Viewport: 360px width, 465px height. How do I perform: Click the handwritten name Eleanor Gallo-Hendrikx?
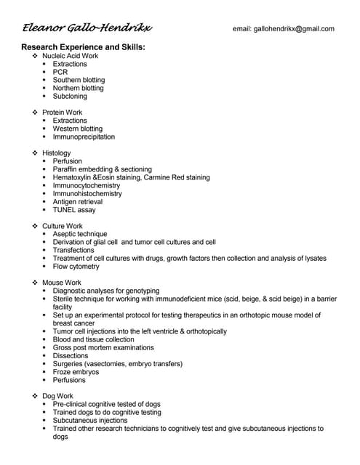pyautogui.click(x=87, y=28)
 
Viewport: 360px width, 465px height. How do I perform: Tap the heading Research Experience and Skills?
pyautogui.click(x=84, y=46)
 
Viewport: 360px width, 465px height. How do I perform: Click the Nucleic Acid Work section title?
pyautogui.click(x=70, y=56)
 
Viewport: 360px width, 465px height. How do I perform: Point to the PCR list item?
pyautogui.click(x=60, y=72)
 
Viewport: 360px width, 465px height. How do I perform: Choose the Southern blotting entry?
pyautogui.click(x=79, y=80)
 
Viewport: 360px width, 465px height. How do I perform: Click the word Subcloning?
pyautogui.click(x=70, y=96)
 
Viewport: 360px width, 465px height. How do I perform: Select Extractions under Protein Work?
pyautogui.click(x=70, y=121)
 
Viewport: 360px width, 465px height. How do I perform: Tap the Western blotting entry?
pyautogui.click(x=78, y=129)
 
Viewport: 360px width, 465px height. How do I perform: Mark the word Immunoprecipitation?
pyautogui.click(x=84, y=137)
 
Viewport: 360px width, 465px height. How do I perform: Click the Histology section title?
pyautogui.click(x=57, y=153)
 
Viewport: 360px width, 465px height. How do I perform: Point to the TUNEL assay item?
pyautogui.click(x=74, y=210)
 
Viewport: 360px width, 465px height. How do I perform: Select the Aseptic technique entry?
pyautogui.click(x=80, y=234)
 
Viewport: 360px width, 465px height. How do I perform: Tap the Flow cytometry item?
pyautogui.click(x=76, y=266)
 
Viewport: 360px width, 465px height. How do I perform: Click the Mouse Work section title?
pyautogui.click(x=62, y=283)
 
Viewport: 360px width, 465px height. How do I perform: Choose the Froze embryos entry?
pyautogui.click(x=76, y=372)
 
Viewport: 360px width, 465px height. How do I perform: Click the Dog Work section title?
pyautogui.click(x=58, y=396)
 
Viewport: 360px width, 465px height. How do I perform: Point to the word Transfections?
pyautogui.click(x=73, y=250)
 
